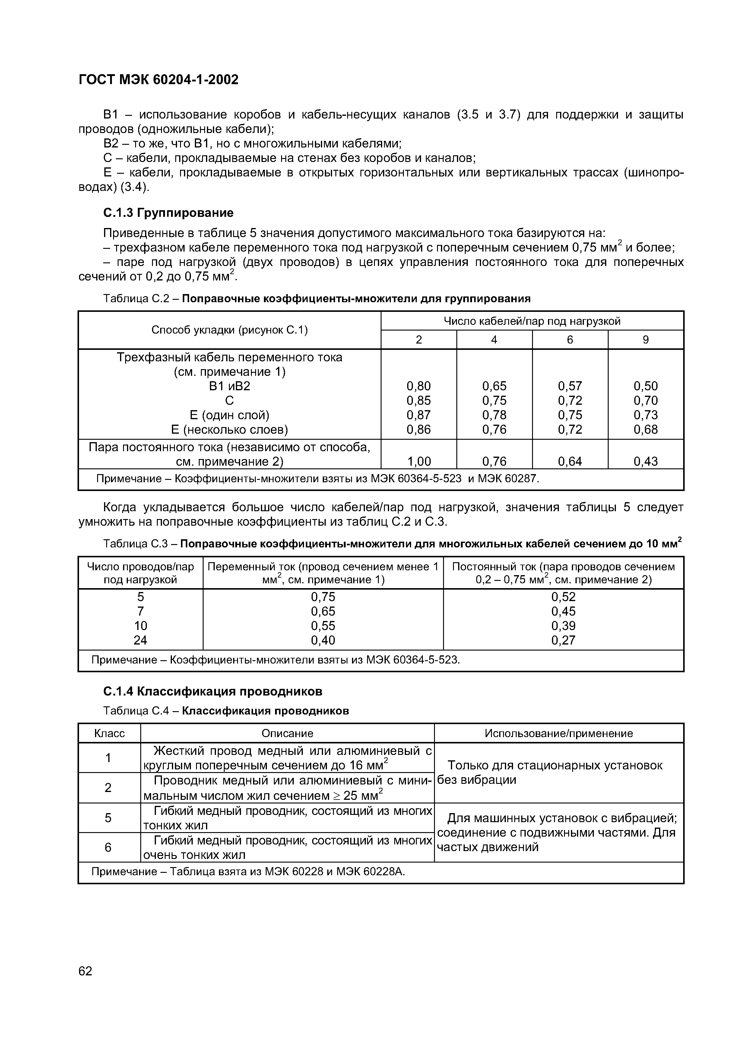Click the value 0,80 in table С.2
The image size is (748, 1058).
418,386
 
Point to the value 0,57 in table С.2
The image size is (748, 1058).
570,386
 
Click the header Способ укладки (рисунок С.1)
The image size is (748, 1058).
230,330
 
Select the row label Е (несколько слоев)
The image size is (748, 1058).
230,429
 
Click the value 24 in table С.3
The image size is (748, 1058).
140,640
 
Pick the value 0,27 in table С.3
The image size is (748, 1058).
563,640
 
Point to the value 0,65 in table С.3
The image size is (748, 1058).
323,611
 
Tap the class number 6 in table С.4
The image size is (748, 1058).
108,847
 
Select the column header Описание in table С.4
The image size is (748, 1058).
287,733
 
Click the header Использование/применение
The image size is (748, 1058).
559,733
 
